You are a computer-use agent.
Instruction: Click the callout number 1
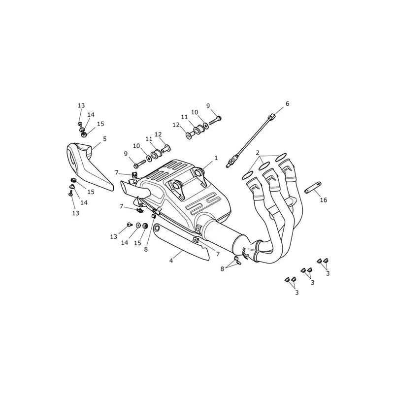click(216, 158)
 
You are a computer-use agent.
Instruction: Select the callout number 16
click(324, 200)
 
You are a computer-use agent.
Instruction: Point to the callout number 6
click(287, 103)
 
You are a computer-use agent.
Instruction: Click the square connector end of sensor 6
click(272, 117)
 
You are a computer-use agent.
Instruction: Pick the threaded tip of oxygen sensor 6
click(229, 165)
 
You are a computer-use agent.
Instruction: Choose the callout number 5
click(105, 139)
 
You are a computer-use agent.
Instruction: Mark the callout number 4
click(171, 261)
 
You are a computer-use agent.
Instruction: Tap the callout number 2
click(257, 153)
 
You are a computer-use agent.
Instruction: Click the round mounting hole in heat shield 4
click(157, 228)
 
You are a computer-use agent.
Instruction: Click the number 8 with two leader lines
click(222, 269)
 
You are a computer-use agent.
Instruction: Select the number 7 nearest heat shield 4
click(218, 254)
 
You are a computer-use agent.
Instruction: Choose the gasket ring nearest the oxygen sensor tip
click(248, 175)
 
